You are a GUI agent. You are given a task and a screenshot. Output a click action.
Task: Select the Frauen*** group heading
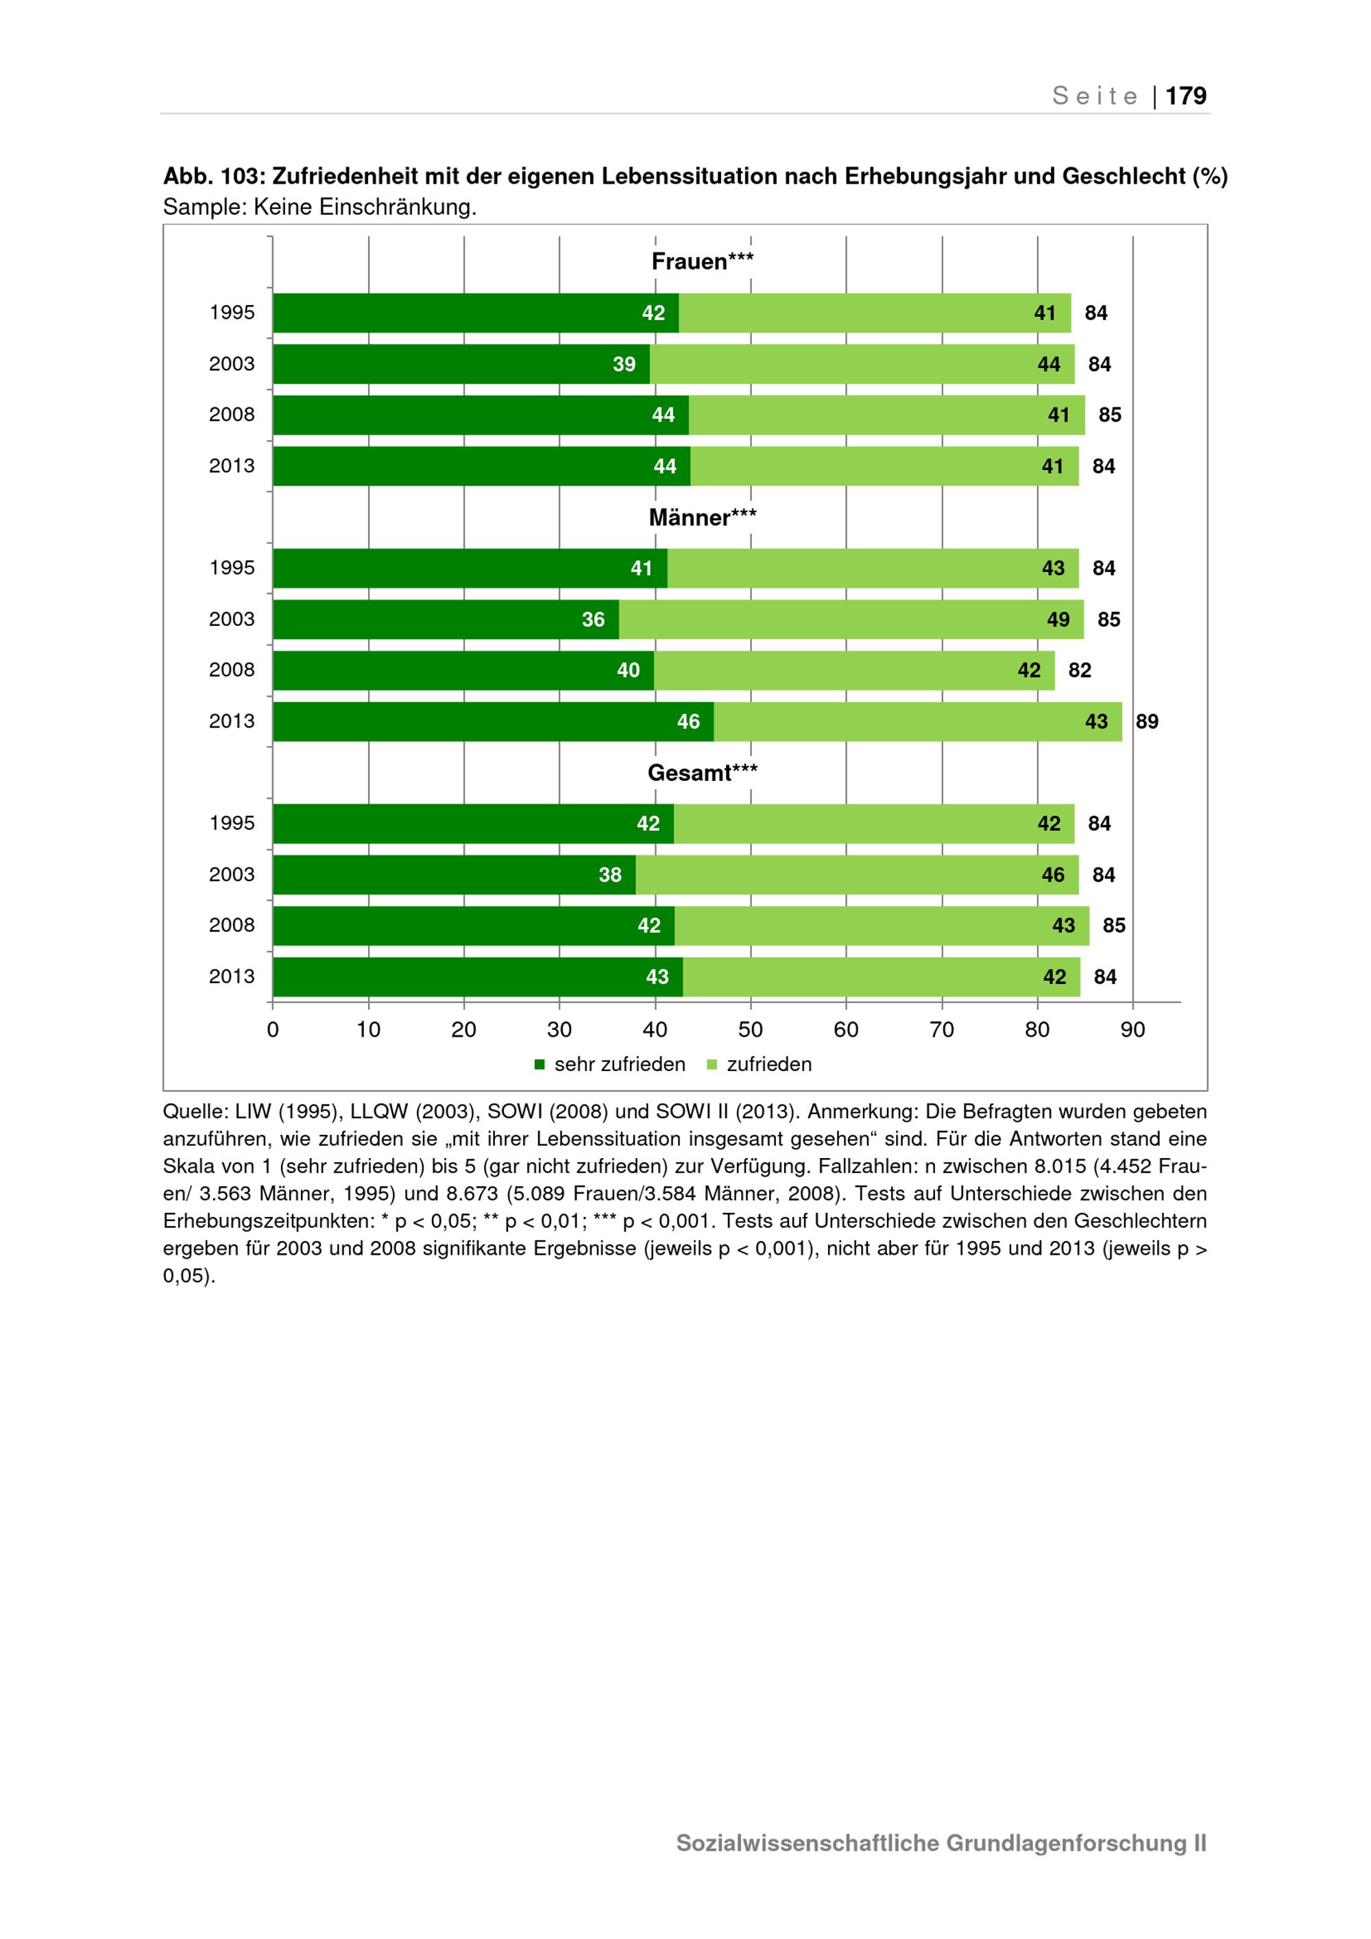[703, 262]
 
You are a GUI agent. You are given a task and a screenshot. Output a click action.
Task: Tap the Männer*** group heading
[703, 517]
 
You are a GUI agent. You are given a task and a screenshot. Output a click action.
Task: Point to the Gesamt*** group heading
[703, 773]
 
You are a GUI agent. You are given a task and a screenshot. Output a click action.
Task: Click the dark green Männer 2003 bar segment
[446, 619]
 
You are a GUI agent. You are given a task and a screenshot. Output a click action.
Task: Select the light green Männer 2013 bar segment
[918, 721]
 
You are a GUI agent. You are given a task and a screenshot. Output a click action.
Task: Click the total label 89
[1148, 722]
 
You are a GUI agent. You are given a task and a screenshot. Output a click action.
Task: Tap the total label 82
[1080, 671]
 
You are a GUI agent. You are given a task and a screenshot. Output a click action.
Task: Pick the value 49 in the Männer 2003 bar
[1058, 620]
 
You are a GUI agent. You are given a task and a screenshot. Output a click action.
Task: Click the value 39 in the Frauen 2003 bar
[624, 364]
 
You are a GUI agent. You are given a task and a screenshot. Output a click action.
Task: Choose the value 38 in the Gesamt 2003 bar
[610, 875]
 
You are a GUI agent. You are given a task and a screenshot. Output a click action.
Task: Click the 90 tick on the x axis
[1133, 1029]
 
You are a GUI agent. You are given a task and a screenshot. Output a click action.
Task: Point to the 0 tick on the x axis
[273, 1029]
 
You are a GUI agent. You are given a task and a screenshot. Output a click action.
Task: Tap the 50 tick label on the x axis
[751, 1029]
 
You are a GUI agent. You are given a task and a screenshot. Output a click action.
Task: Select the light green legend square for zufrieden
[712, 1065]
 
